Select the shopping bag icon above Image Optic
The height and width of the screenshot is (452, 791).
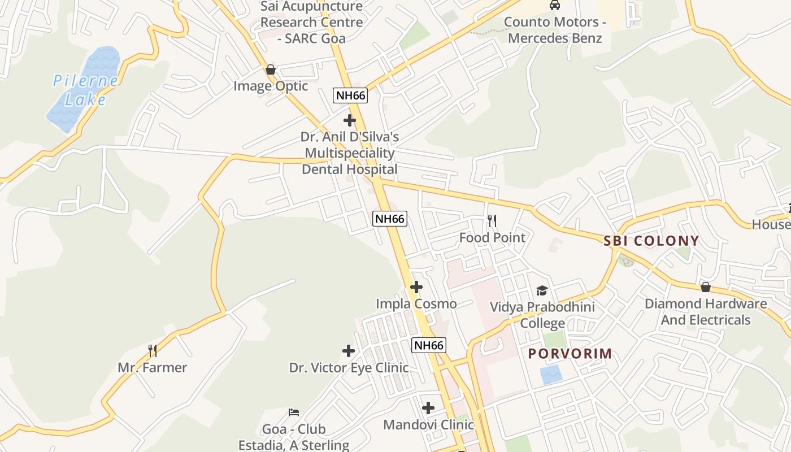point(271,69)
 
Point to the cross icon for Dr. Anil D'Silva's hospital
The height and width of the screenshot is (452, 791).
point(350,120)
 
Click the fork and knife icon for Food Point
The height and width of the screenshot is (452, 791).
point(492,220)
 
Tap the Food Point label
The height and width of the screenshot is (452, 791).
point(492,237)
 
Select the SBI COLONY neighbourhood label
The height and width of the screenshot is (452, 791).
point(651,241)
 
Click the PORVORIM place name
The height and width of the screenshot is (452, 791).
point(570,354)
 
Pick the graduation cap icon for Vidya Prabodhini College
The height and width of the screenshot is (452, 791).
point(542,290)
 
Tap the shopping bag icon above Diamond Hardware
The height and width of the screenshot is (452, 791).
point(705,287)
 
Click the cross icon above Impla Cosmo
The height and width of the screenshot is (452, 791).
point(416,287)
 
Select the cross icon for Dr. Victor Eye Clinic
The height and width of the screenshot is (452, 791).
point(349,351)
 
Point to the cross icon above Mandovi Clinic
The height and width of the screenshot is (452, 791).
point(428,407)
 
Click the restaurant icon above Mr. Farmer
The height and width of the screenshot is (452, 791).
point(152,351)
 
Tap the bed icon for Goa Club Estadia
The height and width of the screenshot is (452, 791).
point(293,412)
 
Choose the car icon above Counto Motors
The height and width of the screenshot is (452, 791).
point(555,6)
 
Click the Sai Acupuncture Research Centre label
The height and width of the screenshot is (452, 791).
point(311,23)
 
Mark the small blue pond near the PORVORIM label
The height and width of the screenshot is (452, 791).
point(551,375)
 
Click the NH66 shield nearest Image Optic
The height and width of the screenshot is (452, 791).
point(350,95)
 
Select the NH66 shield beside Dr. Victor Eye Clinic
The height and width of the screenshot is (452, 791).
point(429,345)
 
